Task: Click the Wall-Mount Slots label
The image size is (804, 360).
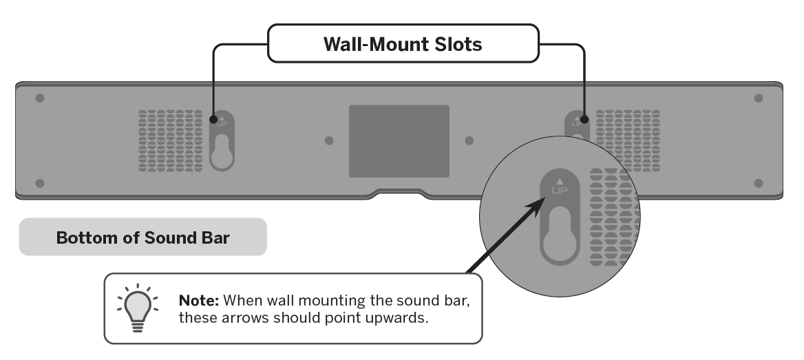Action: pyautogui.click(x=403, y=46)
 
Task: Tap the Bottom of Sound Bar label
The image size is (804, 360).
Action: pyautogui.click(x=142, y=237)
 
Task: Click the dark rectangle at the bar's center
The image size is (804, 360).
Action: pyautogui.click(x=399, y=140)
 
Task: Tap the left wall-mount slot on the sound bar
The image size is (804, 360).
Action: pyautogui.click(x=221, y=140)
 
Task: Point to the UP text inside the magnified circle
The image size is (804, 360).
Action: pyautogui.click(x=560, y=190)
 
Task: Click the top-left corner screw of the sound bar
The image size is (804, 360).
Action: pyautogui.click(x=40, y=98)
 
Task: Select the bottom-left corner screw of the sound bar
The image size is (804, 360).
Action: pyautogui.click(x=40, y=183)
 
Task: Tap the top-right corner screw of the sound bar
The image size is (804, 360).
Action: pyautogui.click(x=759, y=98)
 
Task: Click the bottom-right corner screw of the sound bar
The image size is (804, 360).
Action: pyautogui.click(x=759, y=183)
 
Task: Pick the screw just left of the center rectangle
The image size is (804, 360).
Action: pyautogui.click(x=329, y=140)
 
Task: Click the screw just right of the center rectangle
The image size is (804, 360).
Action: pyautogui.click(x=469, y=140)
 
